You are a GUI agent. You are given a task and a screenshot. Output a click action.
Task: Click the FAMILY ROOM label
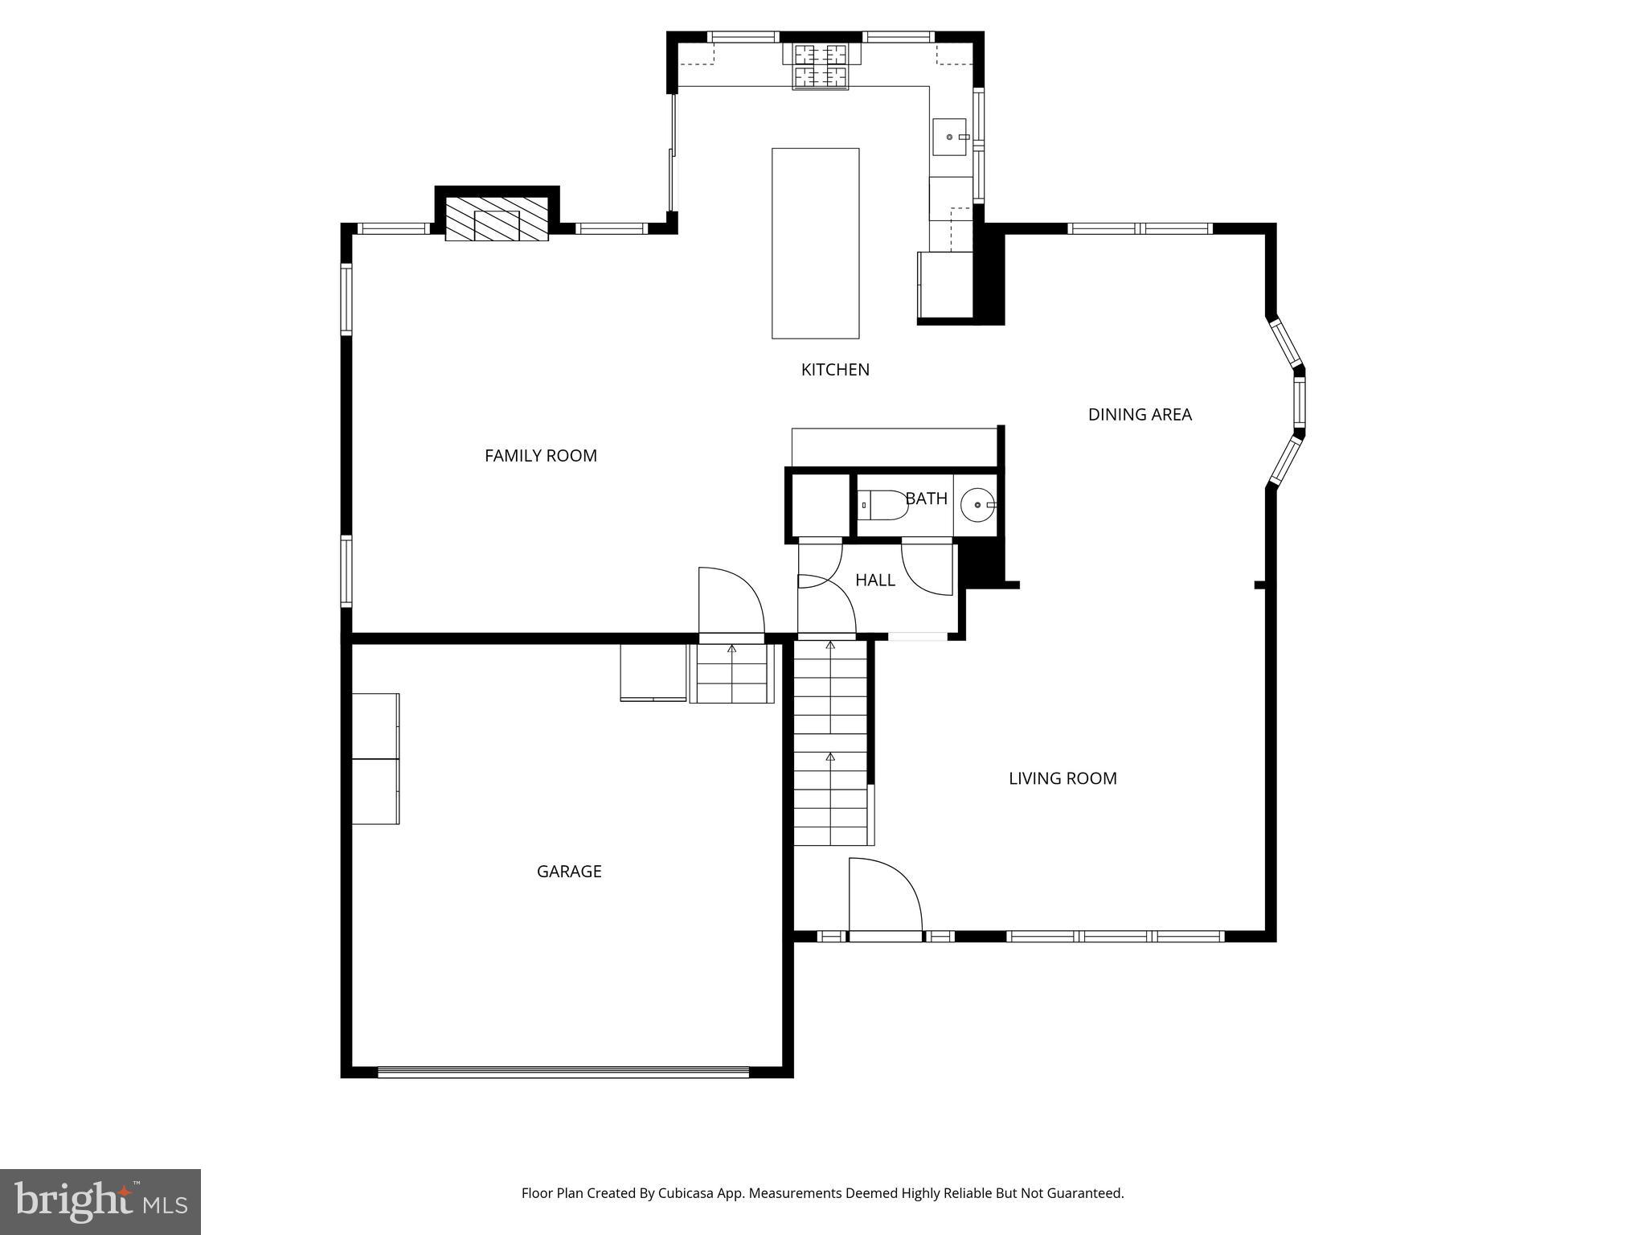[540, 456]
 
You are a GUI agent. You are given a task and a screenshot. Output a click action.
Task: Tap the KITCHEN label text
[835, 370]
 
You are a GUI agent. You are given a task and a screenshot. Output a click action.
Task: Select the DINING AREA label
[1140, 415]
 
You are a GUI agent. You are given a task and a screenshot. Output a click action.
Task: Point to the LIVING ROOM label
[1063, 778]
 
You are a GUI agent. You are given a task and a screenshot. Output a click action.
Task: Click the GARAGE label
[569, 872]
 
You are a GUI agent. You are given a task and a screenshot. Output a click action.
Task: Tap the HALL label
[874, 581]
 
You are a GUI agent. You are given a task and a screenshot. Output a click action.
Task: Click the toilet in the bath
[882, 505]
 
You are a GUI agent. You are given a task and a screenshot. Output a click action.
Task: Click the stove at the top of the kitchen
[821, 66]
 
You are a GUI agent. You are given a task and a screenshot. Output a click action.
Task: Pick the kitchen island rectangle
[815, 243]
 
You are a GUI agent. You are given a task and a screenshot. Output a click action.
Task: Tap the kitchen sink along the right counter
[949, 137]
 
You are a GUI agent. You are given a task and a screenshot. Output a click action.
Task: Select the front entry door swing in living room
[884, 897]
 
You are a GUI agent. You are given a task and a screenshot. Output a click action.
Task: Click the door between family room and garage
[730, 603]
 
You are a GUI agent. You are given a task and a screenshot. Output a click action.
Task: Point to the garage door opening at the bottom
[563, 1072]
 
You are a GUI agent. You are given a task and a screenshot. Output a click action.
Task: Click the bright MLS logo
[100, 1201]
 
